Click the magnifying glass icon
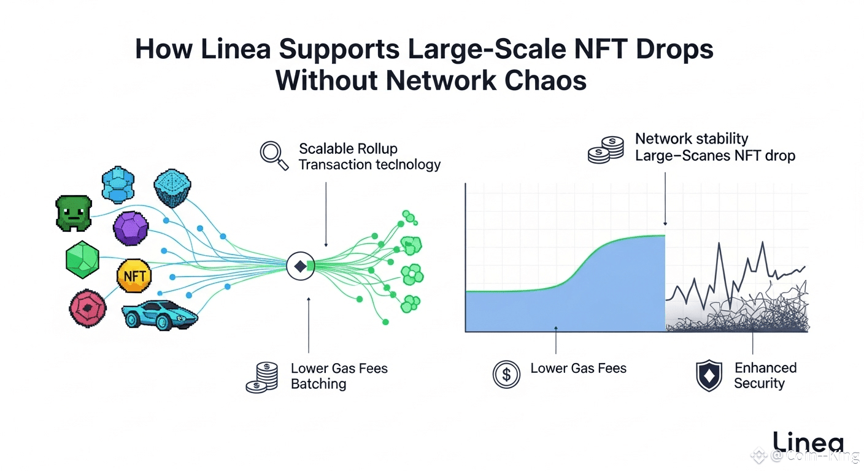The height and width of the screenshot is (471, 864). [x=274, y=155]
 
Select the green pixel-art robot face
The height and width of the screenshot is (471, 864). [x=73, y=213]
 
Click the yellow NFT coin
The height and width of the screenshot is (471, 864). [x=133, y=276]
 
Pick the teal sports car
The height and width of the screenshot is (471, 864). [x=159, y=315]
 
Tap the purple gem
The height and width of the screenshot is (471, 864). [x=131, y=229]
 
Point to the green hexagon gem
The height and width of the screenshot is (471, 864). [x=82, y=259]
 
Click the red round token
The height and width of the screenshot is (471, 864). [x=88, y=308]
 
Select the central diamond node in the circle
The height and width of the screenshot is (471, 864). [x=300, y=266]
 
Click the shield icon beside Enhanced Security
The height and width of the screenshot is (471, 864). [x=709, y=375]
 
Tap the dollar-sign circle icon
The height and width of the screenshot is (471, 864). [x=506, y=374]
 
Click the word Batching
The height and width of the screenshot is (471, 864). [x=318, y=384]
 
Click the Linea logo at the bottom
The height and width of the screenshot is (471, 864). [x=808, y=442]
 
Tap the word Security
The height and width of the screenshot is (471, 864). [x=759, y=383]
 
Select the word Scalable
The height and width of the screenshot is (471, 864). [x=325, y=148]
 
